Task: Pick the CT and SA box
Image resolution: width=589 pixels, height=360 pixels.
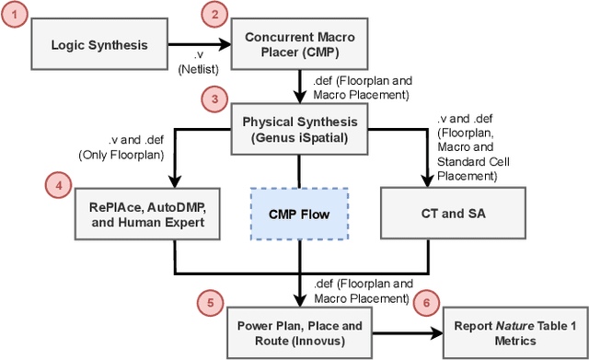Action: [446, 213]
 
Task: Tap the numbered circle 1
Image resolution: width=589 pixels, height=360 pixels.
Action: [14, 15]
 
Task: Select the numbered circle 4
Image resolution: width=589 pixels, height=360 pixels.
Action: [58, 184]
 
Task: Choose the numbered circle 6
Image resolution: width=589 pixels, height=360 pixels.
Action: [424, 302]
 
